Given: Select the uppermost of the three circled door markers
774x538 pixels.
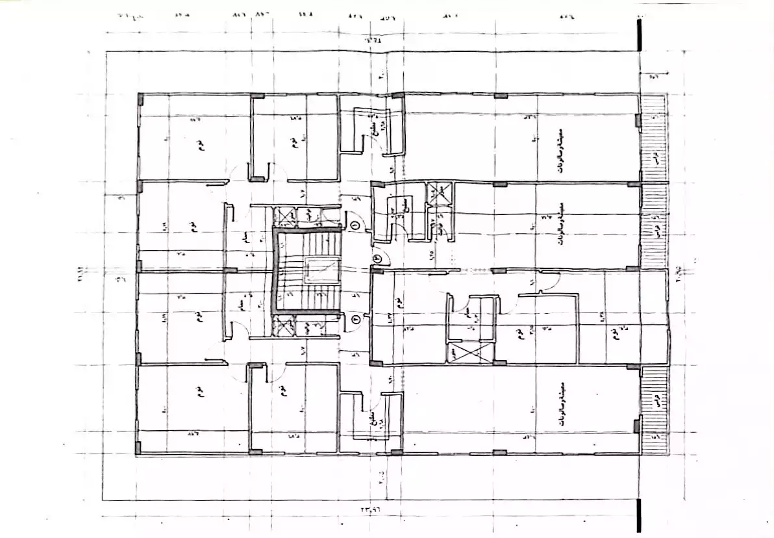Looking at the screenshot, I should click(x=355, y=224).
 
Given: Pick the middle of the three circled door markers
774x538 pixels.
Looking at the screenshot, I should click(x=378, y=258).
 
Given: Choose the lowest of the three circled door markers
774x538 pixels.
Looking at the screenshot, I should click(x=355, y=318).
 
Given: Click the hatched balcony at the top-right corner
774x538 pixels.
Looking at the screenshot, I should click(x=653, y=137).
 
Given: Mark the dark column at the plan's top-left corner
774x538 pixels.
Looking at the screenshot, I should click(x=139, y=101).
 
